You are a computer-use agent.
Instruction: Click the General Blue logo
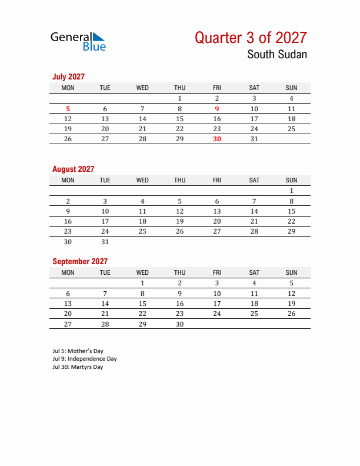(x=78, y=41)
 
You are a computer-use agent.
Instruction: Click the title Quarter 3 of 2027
(x=251, y=38)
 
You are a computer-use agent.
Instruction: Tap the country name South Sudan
(x=276, y=55)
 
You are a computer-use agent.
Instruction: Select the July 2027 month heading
(x=68, y=76)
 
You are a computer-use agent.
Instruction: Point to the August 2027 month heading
(x=73, y=169)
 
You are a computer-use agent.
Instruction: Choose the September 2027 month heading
(x=79, y=261)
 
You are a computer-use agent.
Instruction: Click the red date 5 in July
(x=68, y=109)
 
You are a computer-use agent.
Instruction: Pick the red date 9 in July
(x=217, y=109)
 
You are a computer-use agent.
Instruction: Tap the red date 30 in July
(x=217, y=139)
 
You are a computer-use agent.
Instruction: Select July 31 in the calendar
(x=254, y=139)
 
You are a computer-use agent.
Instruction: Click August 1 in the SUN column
(x=291, y=191)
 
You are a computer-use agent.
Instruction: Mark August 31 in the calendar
(x=105, y=241)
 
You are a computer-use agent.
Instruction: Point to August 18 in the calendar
(x=142, y=221)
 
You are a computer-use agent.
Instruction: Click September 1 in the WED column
(x=142, y=283)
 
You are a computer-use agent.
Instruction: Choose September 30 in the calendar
(x=179, y=324)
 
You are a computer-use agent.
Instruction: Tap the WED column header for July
(x=142, y=88)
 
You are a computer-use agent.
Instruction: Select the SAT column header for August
(x=254, y=180)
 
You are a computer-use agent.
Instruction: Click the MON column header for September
(x=68, y=272)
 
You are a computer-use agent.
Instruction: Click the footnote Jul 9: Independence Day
(x=84, y=359)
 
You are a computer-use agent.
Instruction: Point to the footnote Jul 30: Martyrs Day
(x=77, y=367)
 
